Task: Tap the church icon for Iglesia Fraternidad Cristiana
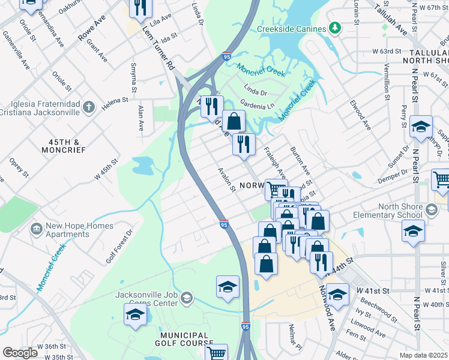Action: click(x=88, y=107)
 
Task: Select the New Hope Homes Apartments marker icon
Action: click(x=37, y=228)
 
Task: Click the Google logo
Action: click(x=20, y=353)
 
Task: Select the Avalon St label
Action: click(x=226, y=179)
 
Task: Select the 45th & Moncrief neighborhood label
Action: click(x=64, y=146)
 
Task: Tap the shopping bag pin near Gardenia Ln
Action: click(x=234, y=121)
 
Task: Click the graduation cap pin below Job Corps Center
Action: click(x=136, y=314)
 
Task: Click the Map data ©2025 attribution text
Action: click(x=424, y=355)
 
